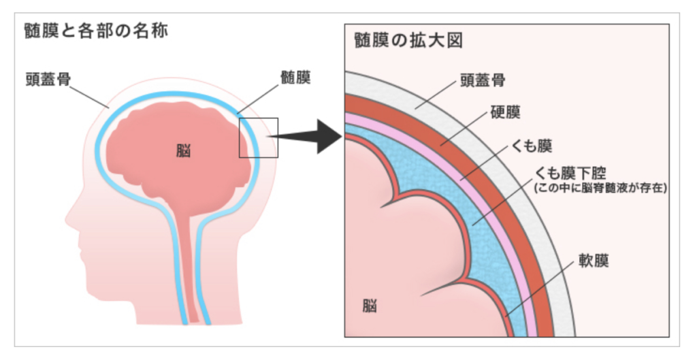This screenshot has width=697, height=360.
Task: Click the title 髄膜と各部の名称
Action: tap(95, 32)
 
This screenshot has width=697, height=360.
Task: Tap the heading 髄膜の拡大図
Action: tap(408, 40)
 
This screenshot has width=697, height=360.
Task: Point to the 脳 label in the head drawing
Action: tap(183, 150)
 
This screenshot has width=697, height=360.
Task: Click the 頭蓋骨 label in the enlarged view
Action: tap(485, 81)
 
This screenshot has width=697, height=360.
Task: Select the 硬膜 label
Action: tap(505, 112)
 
